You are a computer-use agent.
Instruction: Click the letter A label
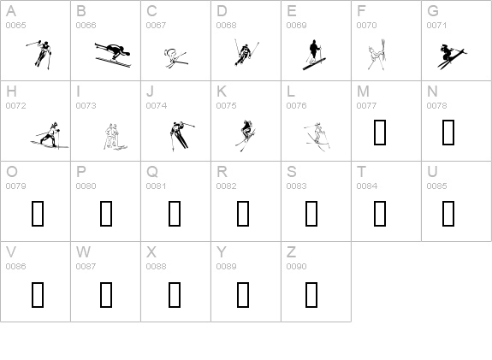(10, 11)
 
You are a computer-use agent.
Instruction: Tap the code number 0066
(86, 26)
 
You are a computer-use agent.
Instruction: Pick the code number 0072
(15, 106)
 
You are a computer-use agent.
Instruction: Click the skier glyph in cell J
(179, 134)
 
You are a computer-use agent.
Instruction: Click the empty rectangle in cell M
(380, 133)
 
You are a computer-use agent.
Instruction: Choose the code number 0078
(436, 106)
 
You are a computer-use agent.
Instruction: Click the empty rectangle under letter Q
(175, 213)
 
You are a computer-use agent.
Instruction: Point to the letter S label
(291, 172)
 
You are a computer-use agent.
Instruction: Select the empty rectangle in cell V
(37, 293)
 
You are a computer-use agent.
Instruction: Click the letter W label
(83, 252)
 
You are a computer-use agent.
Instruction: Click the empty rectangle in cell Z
(311, 293)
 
